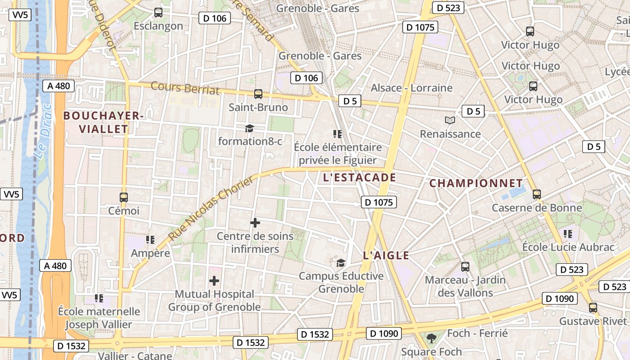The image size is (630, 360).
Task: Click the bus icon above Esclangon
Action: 158,13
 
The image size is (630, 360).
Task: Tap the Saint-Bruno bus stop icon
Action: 258,94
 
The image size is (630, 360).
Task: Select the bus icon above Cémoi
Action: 123,197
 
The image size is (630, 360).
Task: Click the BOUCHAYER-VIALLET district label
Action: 103,122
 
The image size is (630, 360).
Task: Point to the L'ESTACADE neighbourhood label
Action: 360,178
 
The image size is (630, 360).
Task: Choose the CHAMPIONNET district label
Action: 476,184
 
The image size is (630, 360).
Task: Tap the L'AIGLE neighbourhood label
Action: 386,256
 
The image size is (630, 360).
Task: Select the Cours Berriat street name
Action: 185,88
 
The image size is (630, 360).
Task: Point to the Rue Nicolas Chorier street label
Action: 211,208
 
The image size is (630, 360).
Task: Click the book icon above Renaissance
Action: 450,120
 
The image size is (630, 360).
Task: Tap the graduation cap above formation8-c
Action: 249,129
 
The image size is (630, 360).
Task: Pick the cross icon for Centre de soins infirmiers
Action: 255,223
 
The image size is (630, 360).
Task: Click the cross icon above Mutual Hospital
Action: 214,281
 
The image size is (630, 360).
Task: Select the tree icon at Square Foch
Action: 431,337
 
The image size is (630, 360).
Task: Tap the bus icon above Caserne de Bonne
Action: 536,194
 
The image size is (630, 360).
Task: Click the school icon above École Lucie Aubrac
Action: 568,234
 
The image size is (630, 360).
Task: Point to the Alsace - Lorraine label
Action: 411,88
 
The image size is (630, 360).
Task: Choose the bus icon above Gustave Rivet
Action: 593,308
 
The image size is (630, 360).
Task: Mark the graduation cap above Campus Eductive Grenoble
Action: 341,263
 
